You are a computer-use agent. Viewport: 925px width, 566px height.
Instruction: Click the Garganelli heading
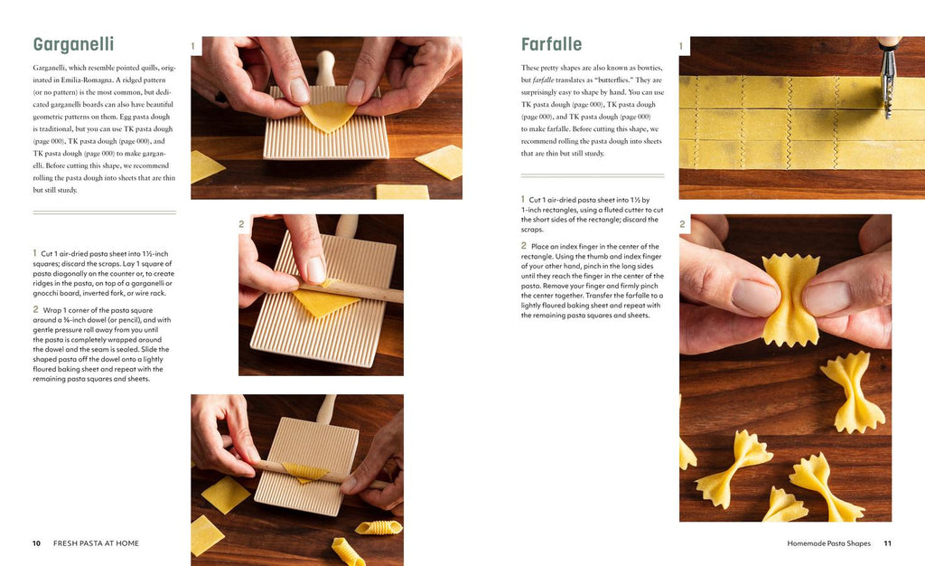pyautogui.click(x=73, y=44)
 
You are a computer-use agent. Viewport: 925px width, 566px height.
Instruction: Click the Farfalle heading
pyautogui.click(x=551, y=44)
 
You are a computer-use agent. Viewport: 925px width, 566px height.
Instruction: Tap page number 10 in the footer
pyautogui.click(x=36, y=543)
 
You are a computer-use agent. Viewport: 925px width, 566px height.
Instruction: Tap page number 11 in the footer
pyautogui.click(x=887, y=543)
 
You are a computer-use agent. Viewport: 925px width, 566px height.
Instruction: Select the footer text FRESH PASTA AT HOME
pyautogui.click(x=96, y=543)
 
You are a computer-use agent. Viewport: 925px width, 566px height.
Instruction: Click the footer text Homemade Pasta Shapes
pyautogui.click(x=829, y=543)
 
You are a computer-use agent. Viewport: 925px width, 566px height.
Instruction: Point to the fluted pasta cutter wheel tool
pyautogui.click(x=888, y=77)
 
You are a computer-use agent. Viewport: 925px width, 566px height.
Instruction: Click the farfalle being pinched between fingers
pyautogui.click(x=790, y=298)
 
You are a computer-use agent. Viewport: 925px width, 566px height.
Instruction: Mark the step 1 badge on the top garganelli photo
pyautogui.click(x=193, y=46)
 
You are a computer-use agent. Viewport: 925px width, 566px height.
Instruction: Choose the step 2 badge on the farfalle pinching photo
pyautogui.click(x=683, y=223)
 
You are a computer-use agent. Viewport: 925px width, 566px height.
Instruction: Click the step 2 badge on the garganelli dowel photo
pyautogui.click(x=241, y=223)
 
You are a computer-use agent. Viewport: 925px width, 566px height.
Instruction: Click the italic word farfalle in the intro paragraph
pyautogui.click(x=543, y=80)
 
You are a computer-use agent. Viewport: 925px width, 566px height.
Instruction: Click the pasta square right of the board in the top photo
pyautogui.click(x=440, y=161)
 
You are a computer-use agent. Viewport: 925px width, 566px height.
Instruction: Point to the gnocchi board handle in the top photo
pyautogui.click(x=325, y=67)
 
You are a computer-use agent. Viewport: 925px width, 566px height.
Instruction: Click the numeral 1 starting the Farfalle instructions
pyautogui.click(x=523, y=200)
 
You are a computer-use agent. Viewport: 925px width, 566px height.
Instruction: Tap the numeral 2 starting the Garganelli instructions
pyautogui.click(x=35, y=309)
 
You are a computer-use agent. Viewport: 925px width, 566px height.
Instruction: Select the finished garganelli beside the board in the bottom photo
pyautogui.click(x=378, y=527)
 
